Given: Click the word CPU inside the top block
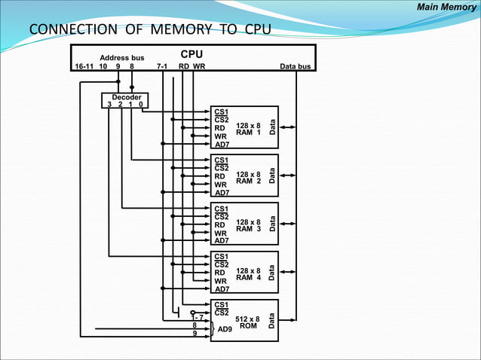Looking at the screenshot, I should click(x=191, y=55).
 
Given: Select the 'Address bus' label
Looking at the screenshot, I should click(x=121, y=58).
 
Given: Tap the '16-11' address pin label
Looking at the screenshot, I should click(x=84, y=66).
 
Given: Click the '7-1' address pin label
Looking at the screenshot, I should click(x=161, y=66).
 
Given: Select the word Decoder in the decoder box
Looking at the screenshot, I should click(x=126, y=97).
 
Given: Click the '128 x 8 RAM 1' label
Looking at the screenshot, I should click(x=248, y=129).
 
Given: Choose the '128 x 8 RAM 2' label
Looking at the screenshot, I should click(x=248, y=178).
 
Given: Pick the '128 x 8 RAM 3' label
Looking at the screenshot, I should click(x=248, y=226).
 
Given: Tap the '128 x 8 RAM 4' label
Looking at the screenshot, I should click(x=248, y=274).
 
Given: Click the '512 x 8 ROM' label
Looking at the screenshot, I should click(x=248, y=323).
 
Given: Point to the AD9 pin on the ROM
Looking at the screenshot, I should click(x=225, y=329).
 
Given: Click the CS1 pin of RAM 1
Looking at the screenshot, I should click(x=222, y=111).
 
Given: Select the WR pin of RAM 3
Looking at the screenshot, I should click(x=221, y=233).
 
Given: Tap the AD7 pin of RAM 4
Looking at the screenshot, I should click(x=222, y=289).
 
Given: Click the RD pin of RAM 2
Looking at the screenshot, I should click(x=220, y=176).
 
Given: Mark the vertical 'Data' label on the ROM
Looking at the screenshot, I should click(x=272, y=322).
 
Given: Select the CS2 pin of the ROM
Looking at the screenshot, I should click(x=222, y=313).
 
